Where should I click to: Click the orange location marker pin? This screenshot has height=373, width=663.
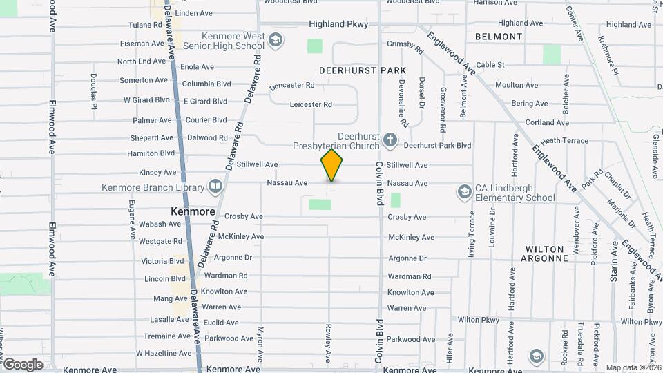(x=331, y=165)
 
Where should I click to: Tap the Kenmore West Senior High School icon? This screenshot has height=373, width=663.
(x=276, y=41)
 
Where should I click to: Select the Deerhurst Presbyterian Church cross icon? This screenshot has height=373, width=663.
(x=390, y=141)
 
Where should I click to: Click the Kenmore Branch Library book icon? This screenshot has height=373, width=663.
(x=215, y=186)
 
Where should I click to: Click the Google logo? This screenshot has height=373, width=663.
(x=23, y=364)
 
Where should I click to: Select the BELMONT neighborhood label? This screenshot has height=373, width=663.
(x=499, y=37)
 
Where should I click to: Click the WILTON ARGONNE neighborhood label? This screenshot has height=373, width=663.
(x=546, y=253)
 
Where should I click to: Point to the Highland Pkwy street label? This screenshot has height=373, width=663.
(x=338, y=24)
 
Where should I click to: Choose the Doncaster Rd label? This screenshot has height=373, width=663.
(x=291, y=86)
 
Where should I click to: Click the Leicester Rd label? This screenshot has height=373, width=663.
(x=311, y=104)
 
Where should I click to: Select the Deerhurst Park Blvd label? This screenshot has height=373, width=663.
(x=437, y=146)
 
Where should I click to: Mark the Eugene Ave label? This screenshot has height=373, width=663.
(x=132, y=220)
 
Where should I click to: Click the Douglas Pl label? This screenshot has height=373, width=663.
(x=93, y=92)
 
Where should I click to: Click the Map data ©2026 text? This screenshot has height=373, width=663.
(x=633, y=367)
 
